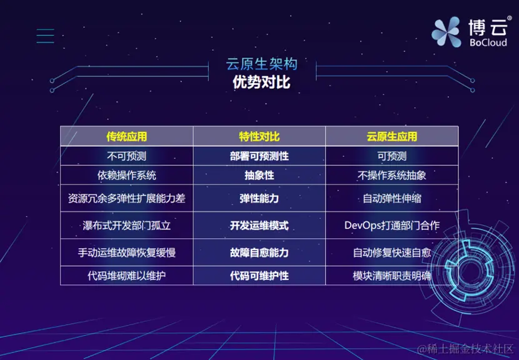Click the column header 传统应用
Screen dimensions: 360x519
(126, 136)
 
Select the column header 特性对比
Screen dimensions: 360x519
(259, 136)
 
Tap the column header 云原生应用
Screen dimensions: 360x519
(392, 136)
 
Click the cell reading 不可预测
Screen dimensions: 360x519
(126, 156)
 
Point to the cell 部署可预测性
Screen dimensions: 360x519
(259, 156)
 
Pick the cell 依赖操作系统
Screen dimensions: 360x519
(126, 175)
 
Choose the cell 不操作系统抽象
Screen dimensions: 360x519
(392, 175)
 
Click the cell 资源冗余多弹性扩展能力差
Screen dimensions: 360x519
(126, 199)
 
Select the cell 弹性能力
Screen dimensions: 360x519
(259, 199)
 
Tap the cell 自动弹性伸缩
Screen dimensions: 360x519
(392, 199)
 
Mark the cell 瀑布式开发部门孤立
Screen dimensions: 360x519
(126, 225)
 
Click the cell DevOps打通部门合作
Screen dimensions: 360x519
(392, 225)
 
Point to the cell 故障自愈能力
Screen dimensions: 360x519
(259, 252)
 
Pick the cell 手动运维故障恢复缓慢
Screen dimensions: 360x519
(126, 252)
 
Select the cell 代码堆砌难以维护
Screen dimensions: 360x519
(126, 275)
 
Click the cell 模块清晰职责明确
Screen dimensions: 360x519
(392, 275)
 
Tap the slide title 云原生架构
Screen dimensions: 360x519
(261, 64)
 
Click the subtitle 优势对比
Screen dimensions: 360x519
(261, 82)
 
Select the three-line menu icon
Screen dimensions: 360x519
(45, 36)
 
